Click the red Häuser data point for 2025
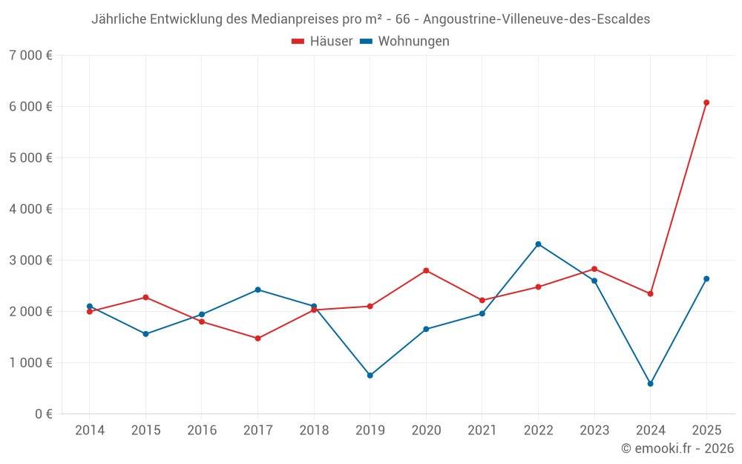pyautogui.click(x=706, y=102)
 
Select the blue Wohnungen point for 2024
pyautogui.click(x=650, y=384)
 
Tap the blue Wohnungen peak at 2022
pyautogui.click(x=538, y=244)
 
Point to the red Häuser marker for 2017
pyautogui.click(x=257, y=339)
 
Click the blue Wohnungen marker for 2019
pyautogui.click(x=370, y=376)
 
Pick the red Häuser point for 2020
pyautogui.click(x=426, y=270)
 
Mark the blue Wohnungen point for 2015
pyautogui.click(x=145, y=334)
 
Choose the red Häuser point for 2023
pyautogui.click(x=594, y=269)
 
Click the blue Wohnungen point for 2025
pyautogui.click(x=706, y=279)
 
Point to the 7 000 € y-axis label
pyautogui.click(x=30, y=56)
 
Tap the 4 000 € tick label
pyautogui.click(x=30, y=209)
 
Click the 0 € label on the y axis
pyautogui.click(x=43, y=414)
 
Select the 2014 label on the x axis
pyautogui.click(x=90, y=431)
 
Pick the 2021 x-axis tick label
pyautogui.click(x=482, y=431)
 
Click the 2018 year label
pyautogui.click(x=314, y=431)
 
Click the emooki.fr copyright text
pyautogui.click(x=677, y=448)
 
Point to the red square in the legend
pyautogui.click(x=298, y=42)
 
